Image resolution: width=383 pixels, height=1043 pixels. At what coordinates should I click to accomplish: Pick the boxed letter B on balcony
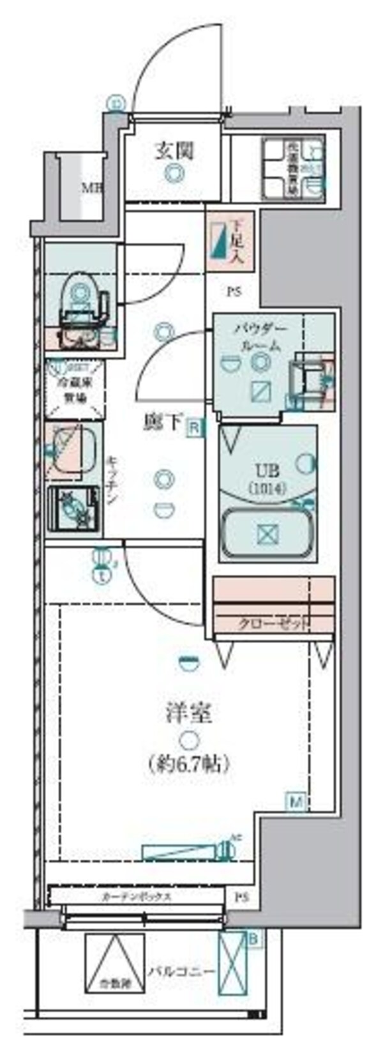(x=253, y=939)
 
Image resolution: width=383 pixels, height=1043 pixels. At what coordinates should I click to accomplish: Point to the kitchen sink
(x=71, y=449)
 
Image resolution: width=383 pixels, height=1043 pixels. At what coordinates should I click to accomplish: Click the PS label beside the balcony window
(x=240, y=897)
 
